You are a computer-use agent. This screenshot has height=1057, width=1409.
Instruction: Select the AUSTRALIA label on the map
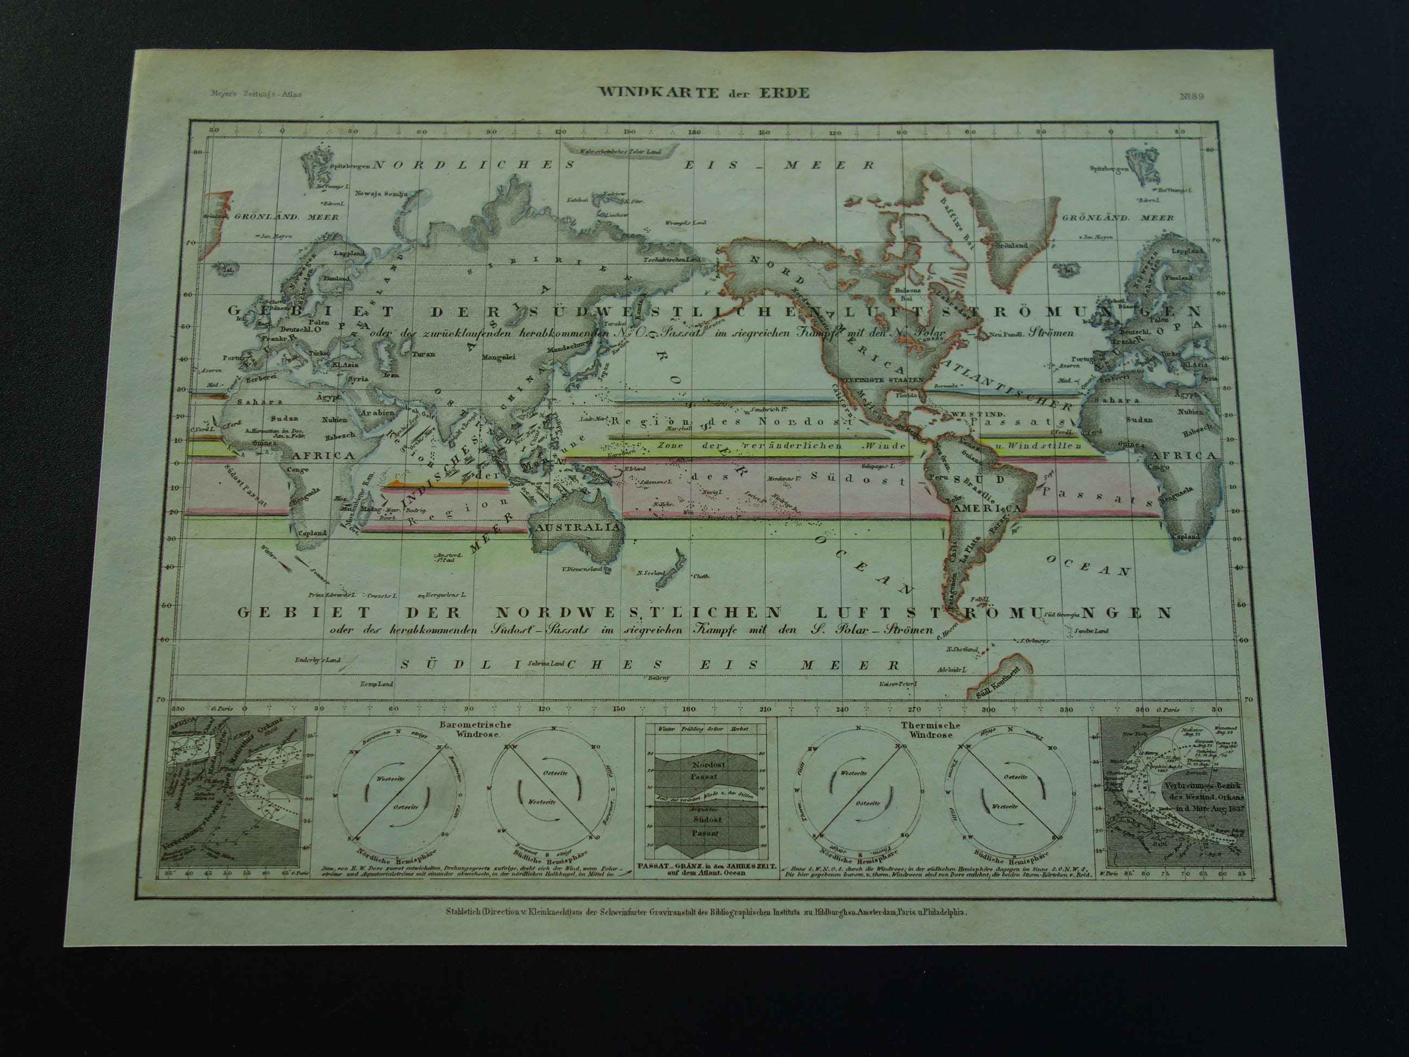coord(578,528)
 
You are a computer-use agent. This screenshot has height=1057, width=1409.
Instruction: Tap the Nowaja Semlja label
coord(378,194)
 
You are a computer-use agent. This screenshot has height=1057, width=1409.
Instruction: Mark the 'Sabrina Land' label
coord(546,663)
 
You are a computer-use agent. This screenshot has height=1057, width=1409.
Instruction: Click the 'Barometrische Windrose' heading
coord(470,729)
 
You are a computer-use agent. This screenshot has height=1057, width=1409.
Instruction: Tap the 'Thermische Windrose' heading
coord(931,730)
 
